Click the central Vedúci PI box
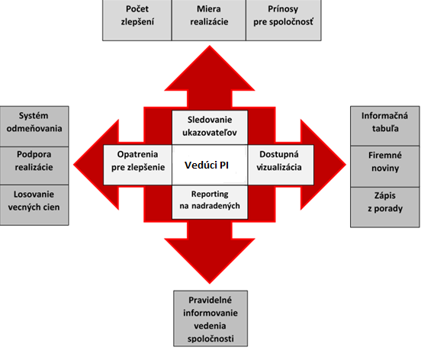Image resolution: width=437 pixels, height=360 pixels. pos(210,165)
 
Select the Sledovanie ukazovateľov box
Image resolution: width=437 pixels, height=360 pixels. pos(210,127)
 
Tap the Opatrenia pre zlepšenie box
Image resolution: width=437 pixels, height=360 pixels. pos(138,165)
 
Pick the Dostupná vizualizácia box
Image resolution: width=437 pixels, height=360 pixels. pos(281,165)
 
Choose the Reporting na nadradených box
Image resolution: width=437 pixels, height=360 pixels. pos(210,202)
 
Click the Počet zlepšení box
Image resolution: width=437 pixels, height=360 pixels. pos(137,20)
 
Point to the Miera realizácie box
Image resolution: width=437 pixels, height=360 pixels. pos(209,20)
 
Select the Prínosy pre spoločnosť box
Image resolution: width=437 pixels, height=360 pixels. pos(284,20)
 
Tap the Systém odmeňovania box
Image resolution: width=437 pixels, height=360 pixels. pos(34,126)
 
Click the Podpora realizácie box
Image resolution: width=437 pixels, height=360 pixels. pos(34,166)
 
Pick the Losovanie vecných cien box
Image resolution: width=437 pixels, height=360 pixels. pos(34,205)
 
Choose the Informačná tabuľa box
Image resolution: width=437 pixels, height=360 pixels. pos(385,126)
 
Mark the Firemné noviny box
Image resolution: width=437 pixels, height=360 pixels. pos(385,166)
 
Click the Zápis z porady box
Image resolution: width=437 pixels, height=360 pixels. pos(385,207)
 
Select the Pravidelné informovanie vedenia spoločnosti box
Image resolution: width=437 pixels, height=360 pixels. pos(210,319)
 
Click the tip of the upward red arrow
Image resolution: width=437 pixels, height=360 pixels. pos(210,46)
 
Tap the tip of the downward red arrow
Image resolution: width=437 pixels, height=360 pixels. pos(210,284)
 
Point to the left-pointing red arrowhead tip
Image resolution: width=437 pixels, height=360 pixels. pos(73,165)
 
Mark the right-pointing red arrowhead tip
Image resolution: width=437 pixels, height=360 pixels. pos(346,165)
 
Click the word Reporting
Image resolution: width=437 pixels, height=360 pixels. pos(210,194)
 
